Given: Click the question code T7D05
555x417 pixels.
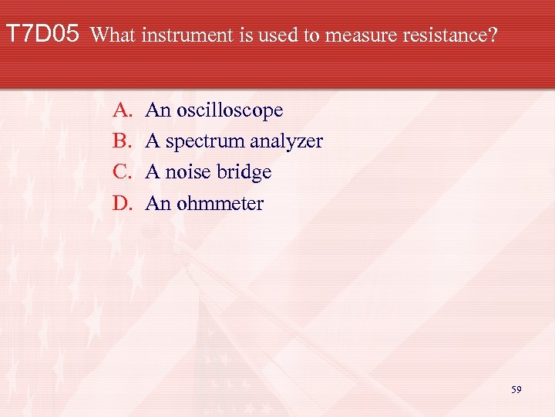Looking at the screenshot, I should point(42,35).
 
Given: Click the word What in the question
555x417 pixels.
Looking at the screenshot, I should point(116,36).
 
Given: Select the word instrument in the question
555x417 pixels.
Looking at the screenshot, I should point(180,36).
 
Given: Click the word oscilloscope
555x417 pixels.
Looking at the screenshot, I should point(230,111).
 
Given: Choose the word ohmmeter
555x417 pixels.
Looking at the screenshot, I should point(220,204).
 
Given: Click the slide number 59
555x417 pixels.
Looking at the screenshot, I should point(516,390).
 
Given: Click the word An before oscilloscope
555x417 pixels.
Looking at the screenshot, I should point(156,110).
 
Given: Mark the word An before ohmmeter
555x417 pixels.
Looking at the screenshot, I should point(156,204).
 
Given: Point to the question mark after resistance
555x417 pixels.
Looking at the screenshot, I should point(493,36).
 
